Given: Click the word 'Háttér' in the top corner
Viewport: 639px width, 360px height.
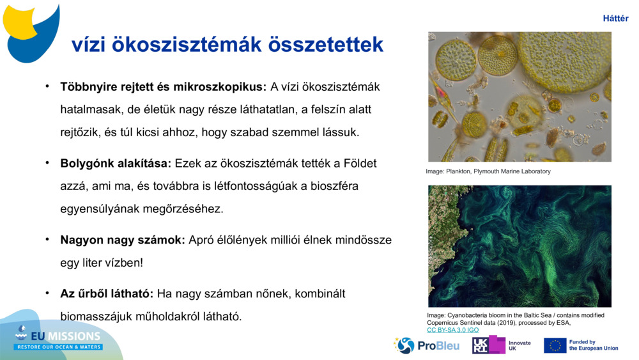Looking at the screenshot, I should coord(615,19).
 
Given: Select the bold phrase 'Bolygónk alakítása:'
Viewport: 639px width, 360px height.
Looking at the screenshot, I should coord(116,163).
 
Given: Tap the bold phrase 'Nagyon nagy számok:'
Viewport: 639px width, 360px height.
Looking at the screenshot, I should coord(123,240).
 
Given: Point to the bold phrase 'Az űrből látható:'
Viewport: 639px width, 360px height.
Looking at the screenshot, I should coord(107,293).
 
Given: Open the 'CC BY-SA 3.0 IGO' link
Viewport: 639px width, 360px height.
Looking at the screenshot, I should coord(452,330).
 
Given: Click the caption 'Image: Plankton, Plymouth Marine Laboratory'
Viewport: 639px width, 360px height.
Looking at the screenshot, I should coord(488,171).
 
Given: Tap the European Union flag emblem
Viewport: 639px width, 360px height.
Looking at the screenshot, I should coord(555,345).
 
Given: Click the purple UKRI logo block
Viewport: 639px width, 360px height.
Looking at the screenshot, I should coord(489,345).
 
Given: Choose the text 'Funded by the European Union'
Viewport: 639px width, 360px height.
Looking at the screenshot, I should coord(593,345).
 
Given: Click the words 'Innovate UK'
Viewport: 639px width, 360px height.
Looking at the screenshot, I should coord(520,345).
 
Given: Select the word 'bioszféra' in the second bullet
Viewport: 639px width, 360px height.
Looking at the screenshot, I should coord(335,186).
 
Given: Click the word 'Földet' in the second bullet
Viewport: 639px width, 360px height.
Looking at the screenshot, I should coord(359,163).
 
